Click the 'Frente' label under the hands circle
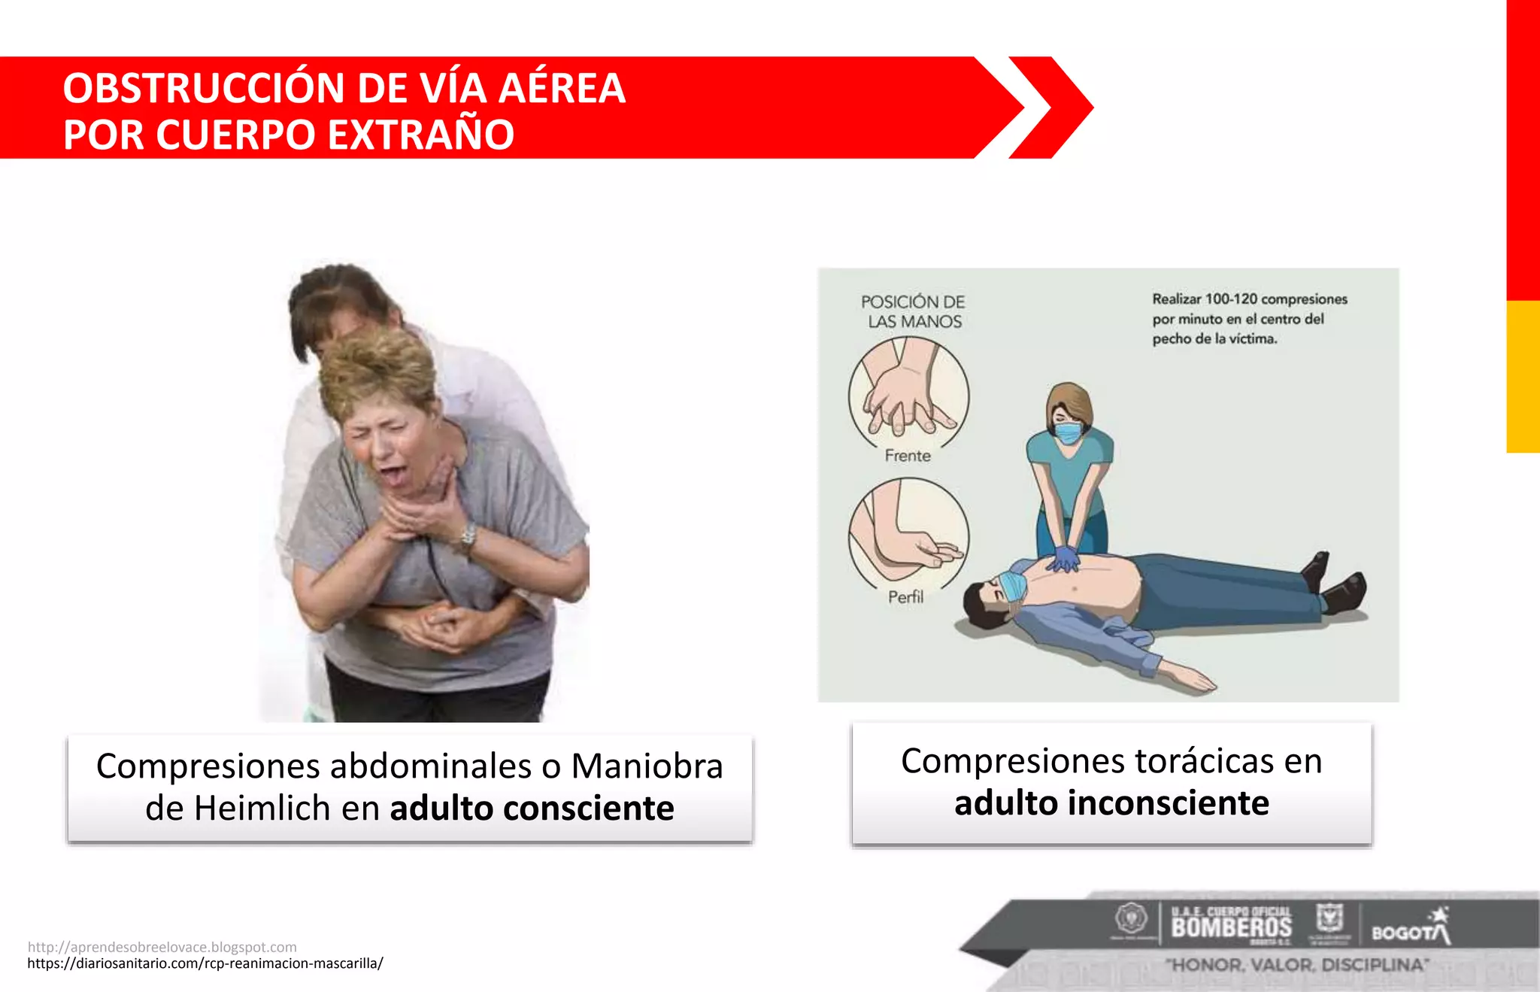(x=908, y=456)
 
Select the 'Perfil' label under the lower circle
(x=905, y=597)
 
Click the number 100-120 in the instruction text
(x=1231, y=299)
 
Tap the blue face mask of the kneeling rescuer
(x=1068, y=432)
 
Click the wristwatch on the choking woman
(x=468, y=536)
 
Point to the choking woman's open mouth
(x=392, y=475)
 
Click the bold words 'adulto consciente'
(x=532, y=808)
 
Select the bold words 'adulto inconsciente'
(x=1111, y=803)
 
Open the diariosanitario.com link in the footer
(x=205, y=963)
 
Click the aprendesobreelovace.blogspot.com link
(x=162, y=947)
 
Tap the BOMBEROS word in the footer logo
(x=1231, y=927)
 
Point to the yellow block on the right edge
(x=1523, y=376)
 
